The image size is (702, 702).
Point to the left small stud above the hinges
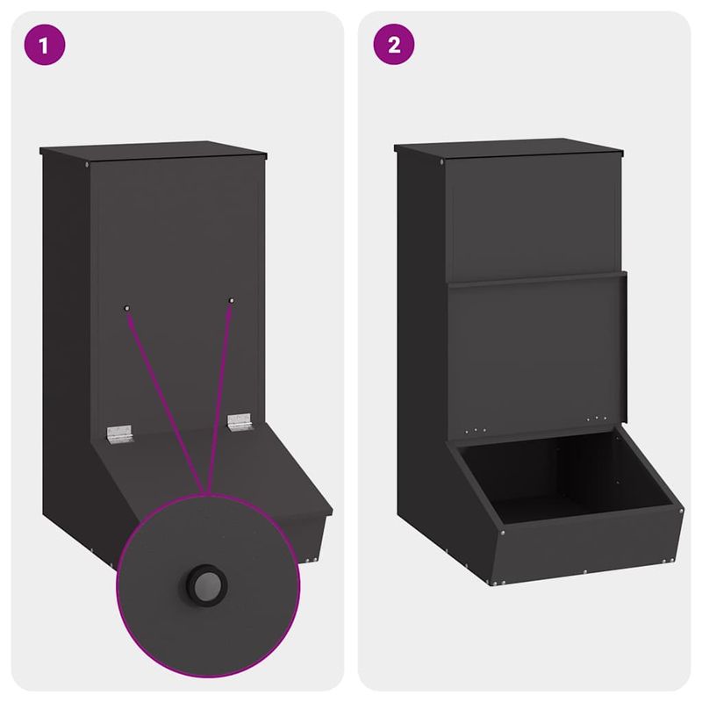(127, 308)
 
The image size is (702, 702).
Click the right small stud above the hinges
(232, 301)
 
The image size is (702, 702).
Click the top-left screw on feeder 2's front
(441, 163)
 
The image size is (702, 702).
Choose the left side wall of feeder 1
(66, 351)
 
